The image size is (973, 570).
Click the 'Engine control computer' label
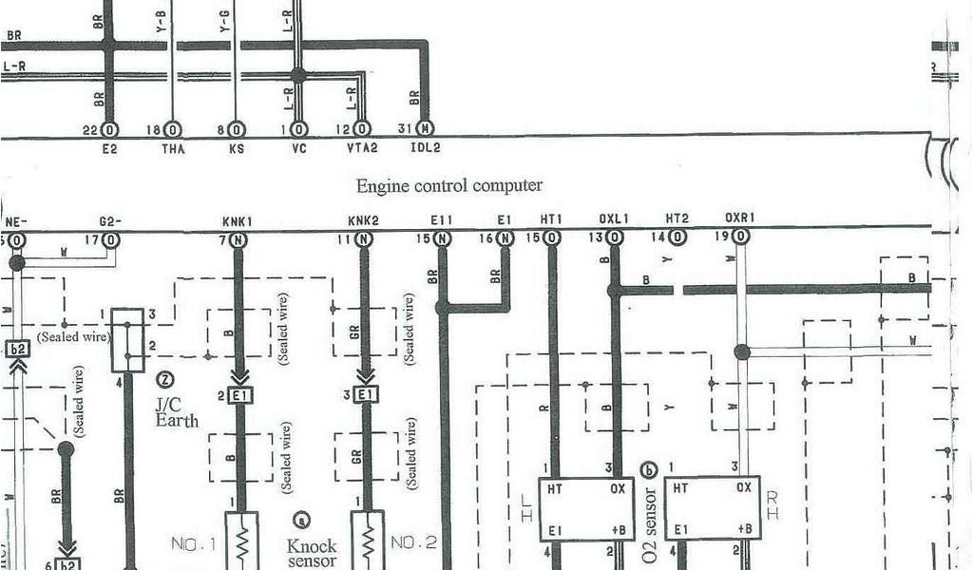[449, 185]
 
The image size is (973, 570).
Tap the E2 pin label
[109, 149]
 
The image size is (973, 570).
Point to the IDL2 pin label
[425, 149]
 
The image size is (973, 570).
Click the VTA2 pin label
[362, 149]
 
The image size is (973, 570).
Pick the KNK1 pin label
[237, 221]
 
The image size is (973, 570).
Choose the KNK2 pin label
[363, 221]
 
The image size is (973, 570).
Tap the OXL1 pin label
[615, 218]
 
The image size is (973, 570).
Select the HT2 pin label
[677, 218]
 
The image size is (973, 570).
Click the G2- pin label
[110, 221]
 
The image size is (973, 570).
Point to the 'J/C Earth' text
[177, 413]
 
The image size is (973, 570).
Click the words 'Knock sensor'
[312, 553]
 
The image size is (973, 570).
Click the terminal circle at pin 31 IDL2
[426, 128]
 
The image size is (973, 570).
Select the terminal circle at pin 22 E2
[110, 128]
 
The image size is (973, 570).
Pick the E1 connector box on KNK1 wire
[240, 394]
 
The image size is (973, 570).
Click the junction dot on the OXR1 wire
[742, 352]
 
